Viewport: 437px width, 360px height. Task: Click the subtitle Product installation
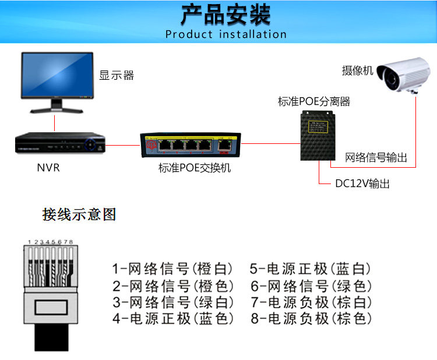[225, 34]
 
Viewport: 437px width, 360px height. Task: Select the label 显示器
[117, 75]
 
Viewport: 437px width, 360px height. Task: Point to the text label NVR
[48, 168]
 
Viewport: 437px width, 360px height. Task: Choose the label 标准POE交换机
[195, 168]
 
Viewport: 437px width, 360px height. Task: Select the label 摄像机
[357, 71]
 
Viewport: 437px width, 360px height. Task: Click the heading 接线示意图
[79, 214]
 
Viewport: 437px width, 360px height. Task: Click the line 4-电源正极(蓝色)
[172, 319]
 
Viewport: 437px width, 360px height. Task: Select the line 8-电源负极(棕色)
[311, 319]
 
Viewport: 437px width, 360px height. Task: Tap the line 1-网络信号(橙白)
[172, 269]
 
